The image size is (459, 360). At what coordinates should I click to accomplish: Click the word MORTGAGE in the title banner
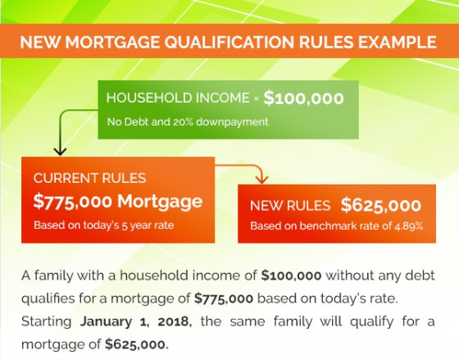coord(112,42)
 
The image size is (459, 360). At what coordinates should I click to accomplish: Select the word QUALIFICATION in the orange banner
coord(229,42)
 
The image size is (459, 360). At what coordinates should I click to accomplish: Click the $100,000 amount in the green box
coord(303,98)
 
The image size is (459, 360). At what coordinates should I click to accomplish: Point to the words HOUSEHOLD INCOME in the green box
coord(178,98)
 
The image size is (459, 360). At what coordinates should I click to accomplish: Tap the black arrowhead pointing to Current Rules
coord(60,152)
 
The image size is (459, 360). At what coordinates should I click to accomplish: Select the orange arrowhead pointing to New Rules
coord(261,180)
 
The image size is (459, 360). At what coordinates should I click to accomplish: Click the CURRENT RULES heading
coord(89,178)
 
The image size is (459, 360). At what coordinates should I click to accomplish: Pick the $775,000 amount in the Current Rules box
coord(73,202)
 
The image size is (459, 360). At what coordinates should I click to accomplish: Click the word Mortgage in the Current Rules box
coord(160,202)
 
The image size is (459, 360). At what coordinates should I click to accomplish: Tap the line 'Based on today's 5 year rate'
coord(104,226)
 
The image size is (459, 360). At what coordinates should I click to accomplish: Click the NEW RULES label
coord(290,206)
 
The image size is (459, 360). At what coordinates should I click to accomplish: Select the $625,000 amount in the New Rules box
coord(381,205)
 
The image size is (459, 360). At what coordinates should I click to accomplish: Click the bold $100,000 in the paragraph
coord(291,276)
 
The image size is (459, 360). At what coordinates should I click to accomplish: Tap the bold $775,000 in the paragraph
coord(224,298)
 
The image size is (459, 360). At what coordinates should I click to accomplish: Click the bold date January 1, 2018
coord(136,321)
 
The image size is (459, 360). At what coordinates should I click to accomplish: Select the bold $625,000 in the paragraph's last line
coord(136,344)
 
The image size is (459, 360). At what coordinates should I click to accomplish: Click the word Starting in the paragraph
coord(46,322)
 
